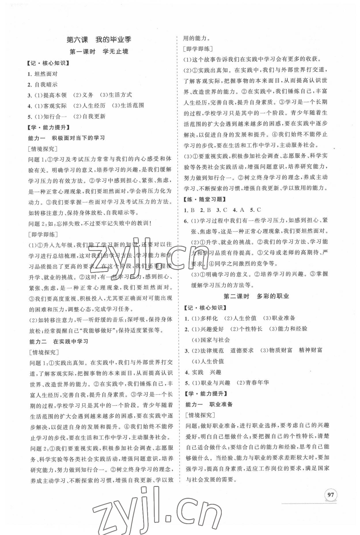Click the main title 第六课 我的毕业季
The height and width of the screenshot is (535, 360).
98,39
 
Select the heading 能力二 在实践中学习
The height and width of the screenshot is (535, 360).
59,341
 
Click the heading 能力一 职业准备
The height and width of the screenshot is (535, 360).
209,404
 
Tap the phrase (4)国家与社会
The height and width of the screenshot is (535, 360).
211,340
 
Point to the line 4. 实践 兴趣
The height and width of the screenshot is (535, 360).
203,372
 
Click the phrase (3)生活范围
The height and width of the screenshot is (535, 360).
128,105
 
